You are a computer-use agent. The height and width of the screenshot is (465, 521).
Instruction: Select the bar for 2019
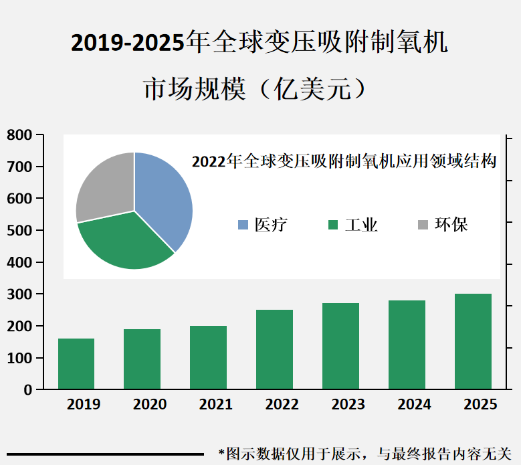[76, 364]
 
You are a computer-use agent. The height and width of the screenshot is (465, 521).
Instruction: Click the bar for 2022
[274, 349]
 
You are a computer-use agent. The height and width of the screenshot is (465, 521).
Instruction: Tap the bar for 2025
[473, 341]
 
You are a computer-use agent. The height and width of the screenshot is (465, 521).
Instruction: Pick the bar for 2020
[142, 359]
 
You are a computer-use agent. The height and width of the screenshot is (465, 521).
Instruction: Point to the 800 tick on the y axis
[19, 135]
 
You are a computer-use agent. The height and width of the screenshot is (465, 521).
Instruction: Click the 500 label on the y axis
[19, 231]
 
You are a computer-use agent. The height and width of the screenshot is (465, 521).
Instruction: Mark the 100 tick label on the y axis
[19, 359]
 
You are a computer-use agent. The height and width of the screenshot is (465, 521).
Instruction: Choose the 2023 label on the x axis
[348, 405]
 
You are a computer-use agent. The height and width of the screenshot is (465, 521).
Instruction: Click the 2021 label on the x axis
[216, 405]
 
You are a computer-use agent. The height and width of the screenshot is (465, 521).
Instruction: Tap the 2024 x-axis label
[415, 405]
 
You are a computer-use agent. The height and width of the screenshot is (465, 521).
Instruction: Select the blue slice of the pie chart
[164, 197]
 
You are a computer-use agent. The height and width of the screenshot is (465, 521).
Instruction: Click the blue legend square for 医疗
[243, 225]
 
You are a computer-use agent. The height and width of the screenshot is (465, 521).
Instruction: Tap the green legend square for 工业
[333, 225]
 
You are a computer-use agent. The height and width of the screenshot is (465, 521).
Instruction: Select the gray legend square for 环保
[423, 225]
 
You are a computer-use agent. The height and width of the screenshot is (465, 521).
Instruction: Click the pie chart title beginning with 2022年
[344, 161]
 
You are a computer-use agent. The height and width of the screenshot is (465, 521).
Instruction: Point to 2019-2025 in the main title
[127, 43]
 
